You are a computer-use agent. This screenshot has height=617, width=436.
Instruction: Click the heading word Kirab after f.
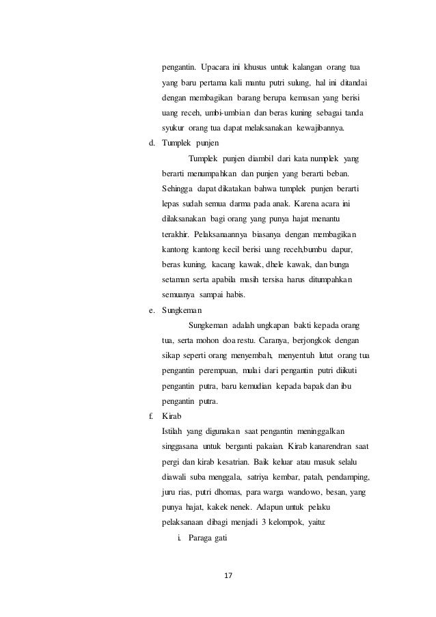[172, 415]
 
